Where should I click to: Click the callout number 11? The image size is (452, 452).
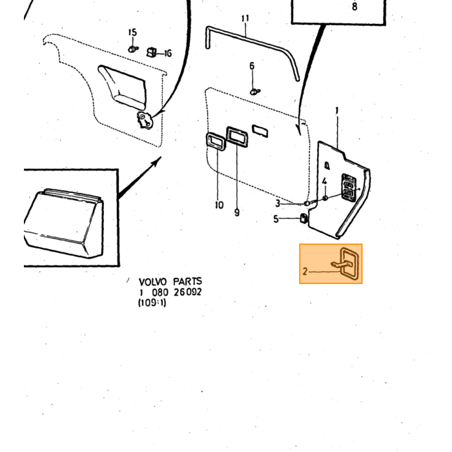[x=245, y=19]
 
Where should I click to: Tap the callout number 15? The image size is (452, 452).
[x=132, y=32]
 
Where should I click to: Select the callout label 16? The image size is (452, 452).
[x=168, y=54]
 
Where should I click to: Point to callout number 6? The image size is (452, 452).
[x=252, y=66]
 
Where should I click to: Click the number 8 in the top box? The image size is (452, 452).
[x=354, y=6]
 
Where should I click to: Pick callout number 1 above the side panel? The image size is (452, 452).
[x=336, y=110]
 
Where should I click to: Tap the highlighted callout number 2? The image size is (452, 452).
[x=305, y=271]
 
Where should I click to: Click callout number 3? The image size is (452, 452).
[x=278, y=203]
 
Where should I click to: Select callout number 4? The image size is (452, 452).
[x=325, y=181]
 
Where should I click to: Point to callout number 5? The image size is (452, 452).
[x=276, y=219]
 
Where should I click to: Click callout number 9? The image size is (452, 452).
[x=237, y=212]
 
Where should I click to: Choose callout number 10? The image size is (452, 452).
[x=219, y=205]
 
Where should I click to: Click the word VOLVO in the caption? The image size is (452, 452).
[x=152, y=282]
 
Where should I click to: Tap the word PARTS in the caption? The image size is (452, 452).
[x=187, y=281]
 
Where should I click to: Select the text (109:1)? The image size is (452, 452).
[x=152, y=303]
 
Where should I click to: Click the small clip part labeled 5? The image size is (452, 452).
[x=304, y=218]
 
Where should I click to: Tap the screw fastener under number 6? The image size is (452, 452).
[x=255, y=92]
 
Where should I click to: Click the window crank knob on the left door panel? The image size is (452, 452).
[x=145, y=120]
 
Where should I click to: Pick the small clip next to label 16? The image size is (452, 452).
[x=152, y=52]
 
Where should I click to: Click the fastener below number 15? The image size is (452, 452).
[x=133, y=49]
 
